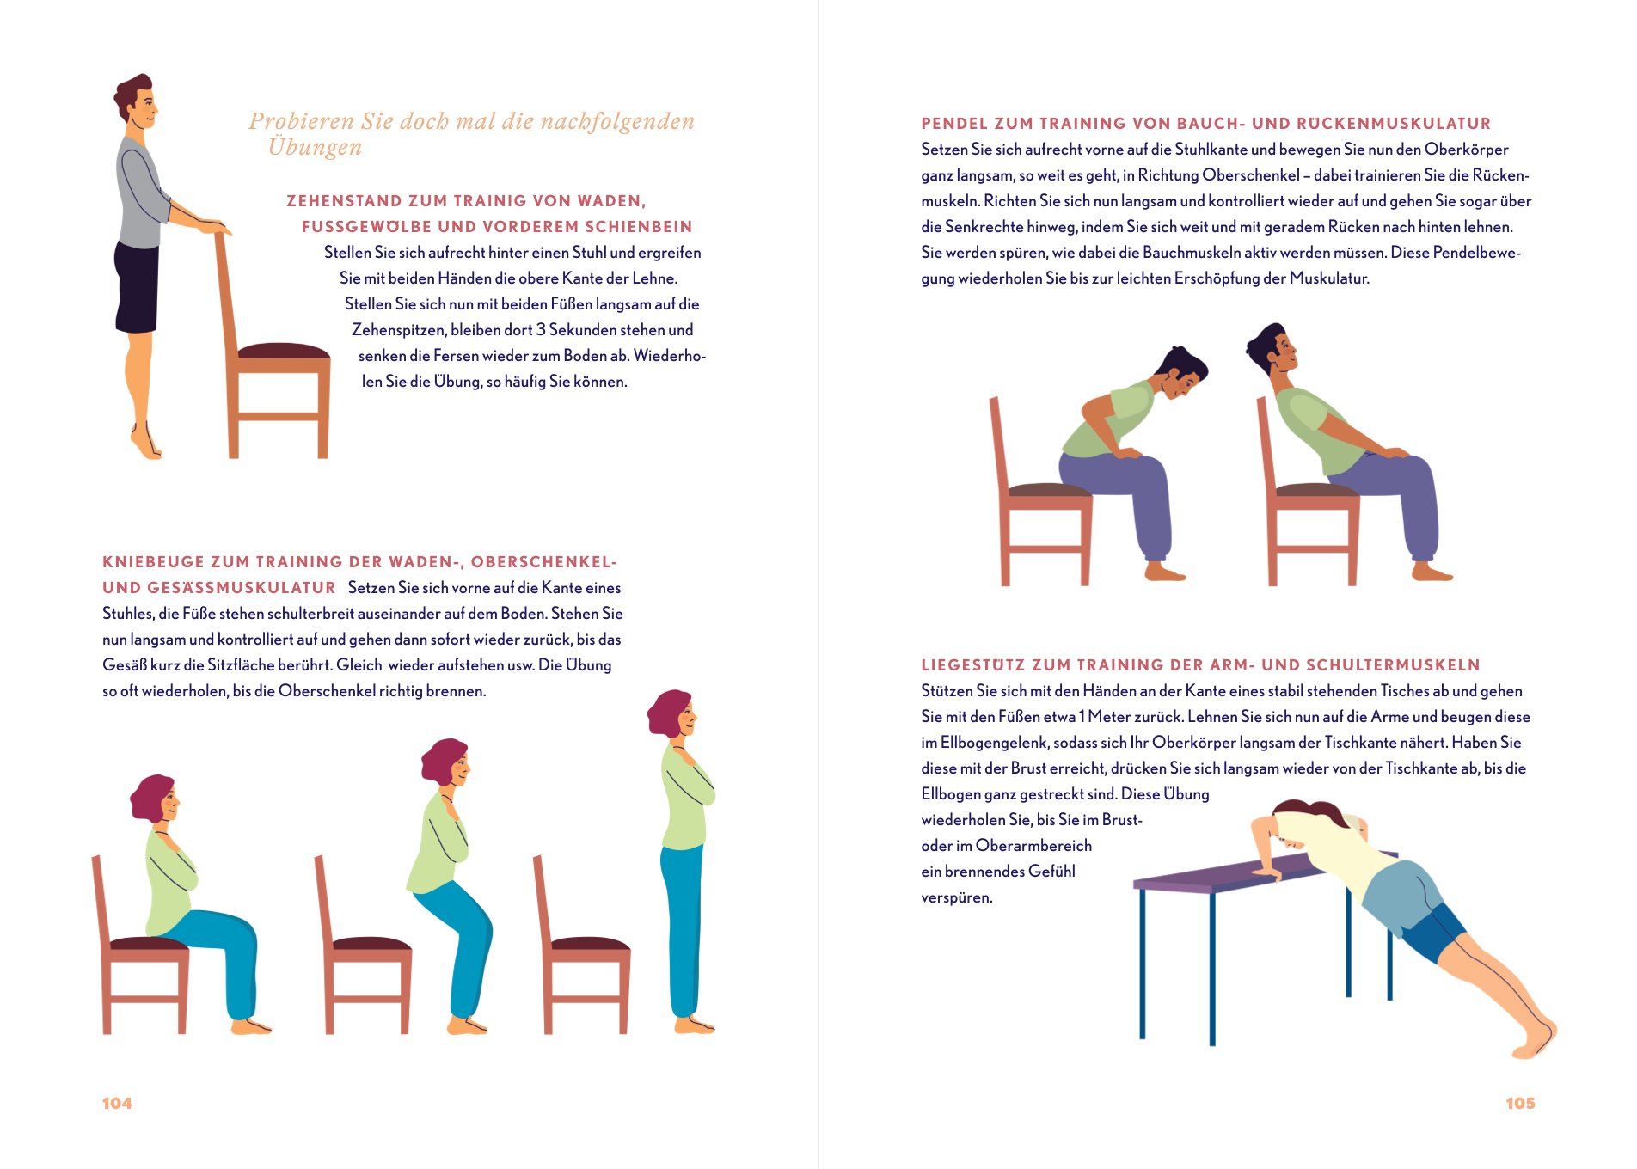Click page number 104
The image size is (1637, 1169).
(x=117, y=1103)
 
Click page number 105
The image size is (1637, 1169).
(x=1520, y=1103)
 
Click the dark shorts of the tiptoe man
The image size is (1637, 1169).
(x=137, y=287)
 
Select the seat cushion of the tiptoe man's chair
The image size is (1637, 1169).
(x=284, y=351)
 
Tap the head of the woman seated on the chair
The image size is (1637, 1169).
(x=155, y=799)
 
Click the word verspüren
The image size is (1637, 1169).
(x=957, y=897)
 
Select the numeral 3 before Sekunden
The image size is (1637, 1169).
(x=541, y=329)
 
